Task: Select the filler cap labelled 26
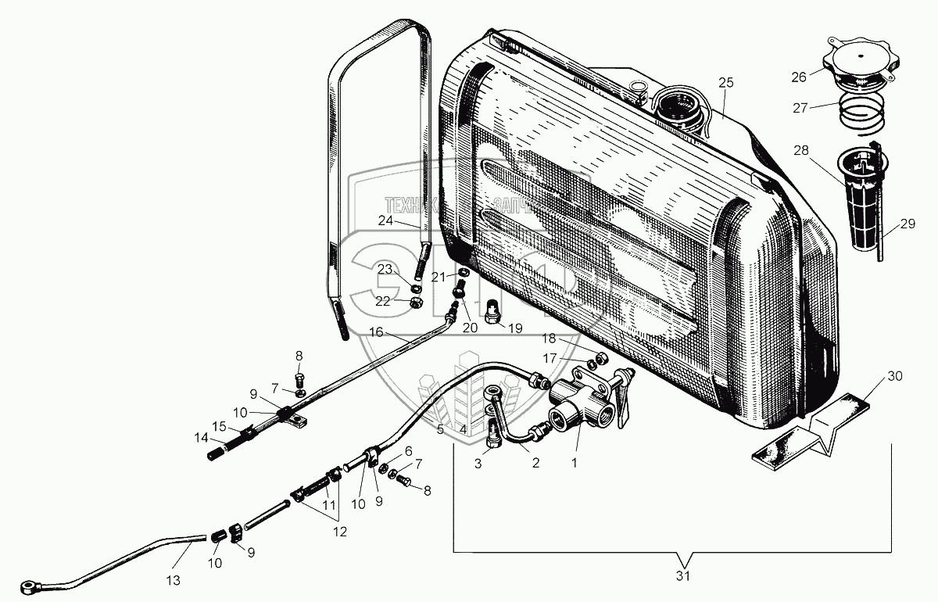(860, 66)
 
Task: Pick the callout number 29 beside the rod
(907, 224)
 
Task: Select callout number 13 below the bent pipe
(173, 580)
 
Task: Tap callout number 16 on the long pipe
(376, 332)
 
